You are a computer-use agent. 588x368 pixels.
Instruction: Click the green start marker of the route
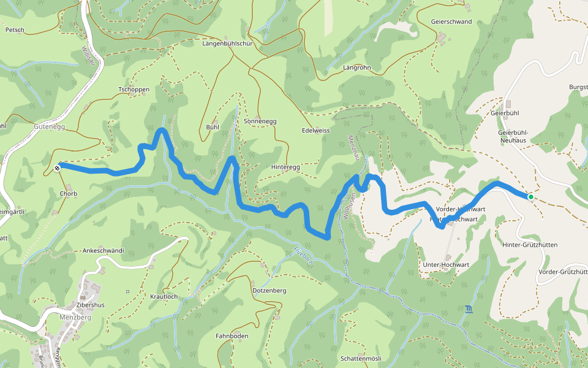pyautogui.click(x=530, y=197)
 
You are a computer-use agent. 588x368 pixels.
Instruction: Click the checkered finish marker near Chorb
pyautogui.click(x=58, y=167)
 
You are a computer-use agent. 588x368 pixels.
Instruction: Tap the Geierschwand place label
pyautogui.click(x=451, y=21)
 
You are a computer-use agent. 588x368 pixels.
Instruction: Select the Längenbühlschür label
pyautogui.click(x=227, y=44)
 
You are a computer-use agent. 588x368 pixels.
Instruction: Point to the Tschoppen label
pyautogui.click(x=134, y=90)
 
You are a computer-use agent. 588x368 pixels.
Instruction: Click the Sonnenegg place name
pyautogui.click(x=260, y=121)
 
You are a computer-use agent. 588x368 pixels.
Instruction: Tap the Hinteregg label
pyautogui.click(x=285, y=167)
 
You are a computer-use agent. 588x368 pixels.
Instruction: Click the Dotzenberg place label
pyautogui.click(x=269, y=290)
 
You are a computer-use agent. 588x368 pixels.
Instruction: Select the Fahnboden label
pyautogui.click(x=232, y=336)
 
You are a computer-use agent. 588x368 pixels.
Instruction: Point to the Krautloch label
pyautogui.click(x=164, y=296)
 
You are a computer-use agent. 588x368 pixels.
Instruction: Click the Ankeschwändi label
pyautogui.click(x=103, y=251)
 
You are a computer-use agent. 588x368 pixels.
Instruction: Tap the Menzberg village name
pyautogui.click(x=76, y=318)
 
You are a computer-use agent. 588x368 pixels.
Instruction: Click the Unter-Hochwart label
pyautogui.click(x=446, y=265)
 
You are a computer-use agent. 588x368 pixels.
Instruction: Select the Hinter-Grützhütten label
pyautogui.click(x=529, y=245)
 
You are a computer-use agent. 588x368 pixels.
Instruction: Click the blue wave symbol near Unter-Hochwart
pyautogui.click(x=469, y=309)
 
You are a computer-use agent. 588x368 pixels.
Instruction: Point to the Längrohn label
pyautogui.click(x=357, y=67)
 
